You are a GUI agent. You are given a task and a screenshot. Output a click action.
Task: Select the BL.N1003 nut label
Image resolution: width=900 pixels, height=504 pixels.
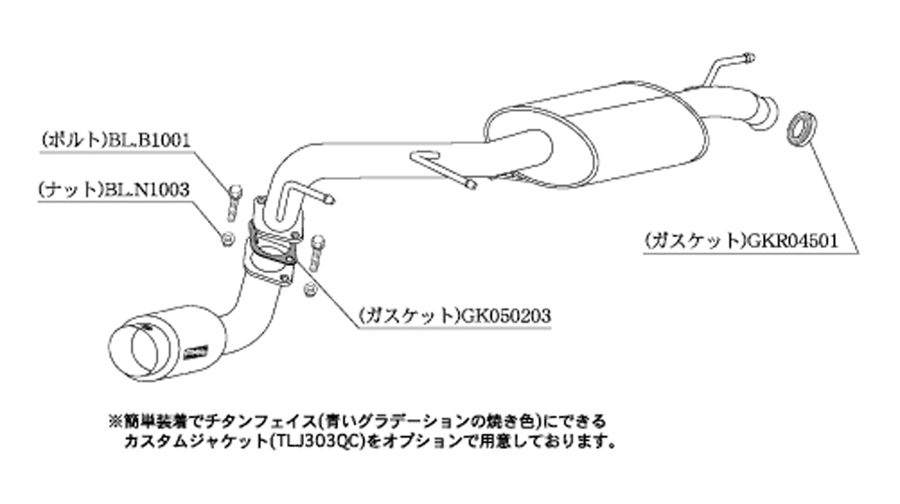coord(147,191)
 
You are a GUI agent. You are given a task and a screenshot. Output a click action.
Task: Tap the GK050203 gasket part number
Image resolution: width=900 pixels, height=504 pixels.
coord(505,315)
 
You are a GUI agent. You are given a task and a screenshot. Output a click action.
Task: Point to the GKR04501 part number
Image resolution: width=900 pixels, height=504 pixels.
coord(790,241)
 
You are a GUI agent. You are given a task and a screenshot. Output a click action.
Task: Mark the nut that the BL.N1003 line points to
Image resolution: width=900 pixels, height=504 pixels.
coord(227,239)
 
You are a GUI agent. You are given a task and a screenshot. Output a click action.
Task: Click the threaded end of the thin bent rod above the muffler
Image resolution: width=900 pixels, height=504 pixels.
coord(748,58)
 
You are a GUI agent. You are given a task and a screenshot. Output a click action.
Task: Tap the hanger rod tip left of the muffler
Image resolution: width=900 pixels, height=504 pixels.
coord(471,183)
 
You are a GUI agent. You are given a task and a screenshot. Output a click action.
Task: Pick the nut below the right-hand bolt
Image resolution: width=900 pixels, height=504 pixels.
coord(310,288)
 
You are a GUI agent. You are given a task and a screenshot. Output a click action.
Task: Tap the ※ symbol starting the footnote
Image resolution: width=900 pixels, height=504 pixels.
coord(115,421)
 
